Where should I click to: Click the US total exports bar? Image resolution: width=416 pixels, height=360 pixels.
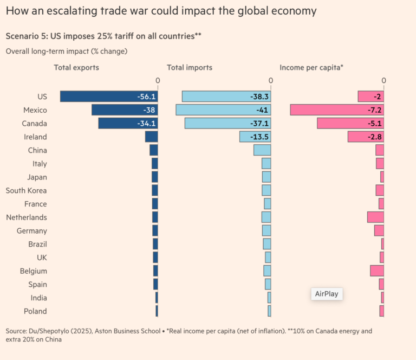[108, 97]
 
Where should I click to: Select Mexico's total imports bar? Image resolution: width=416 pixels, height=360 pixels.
[223, 110]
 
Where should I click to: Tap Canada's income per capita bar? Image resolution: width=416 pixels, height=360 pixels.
[350, 123]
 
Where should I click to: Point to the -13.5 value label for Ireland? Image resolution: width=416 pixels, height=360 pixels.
[258, 137]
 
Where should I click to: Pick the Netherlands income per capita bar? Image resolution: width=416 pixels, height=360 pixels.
[375, 217]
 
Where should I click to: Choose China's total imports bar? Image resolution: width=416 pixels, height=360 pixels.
[262, 150]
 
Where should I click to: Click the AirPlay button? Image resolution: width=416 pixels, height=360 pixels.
[327, 294]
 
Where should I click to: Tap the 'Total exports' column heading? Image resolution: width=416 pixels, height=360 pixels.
[76, 68]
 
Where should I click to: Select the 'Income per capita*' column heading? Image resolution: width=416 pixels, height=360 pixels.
[311, 68]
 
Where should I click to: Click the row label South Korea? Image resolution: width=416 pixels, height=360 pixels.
[26, 190]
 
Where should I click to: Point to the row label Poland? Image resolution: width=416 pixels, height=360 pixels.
[35, 311]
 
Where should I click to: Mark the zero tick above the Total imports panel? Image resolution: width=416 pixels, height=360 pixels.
[270, 81]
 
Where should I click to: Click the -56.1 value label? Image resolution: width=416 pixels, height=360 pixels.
[146, 97]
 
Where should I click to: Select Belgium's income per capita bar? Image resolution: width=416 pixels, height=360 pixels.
[377, 271]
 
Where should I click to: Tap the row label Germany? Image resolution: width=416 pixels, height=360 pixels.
[32, 230]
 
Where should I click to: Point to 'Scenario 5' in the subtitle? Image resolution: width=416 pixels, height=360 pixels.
[27, 36]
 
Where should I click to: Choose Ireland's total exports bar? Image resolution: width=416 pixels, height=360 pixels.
[151, 137]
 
